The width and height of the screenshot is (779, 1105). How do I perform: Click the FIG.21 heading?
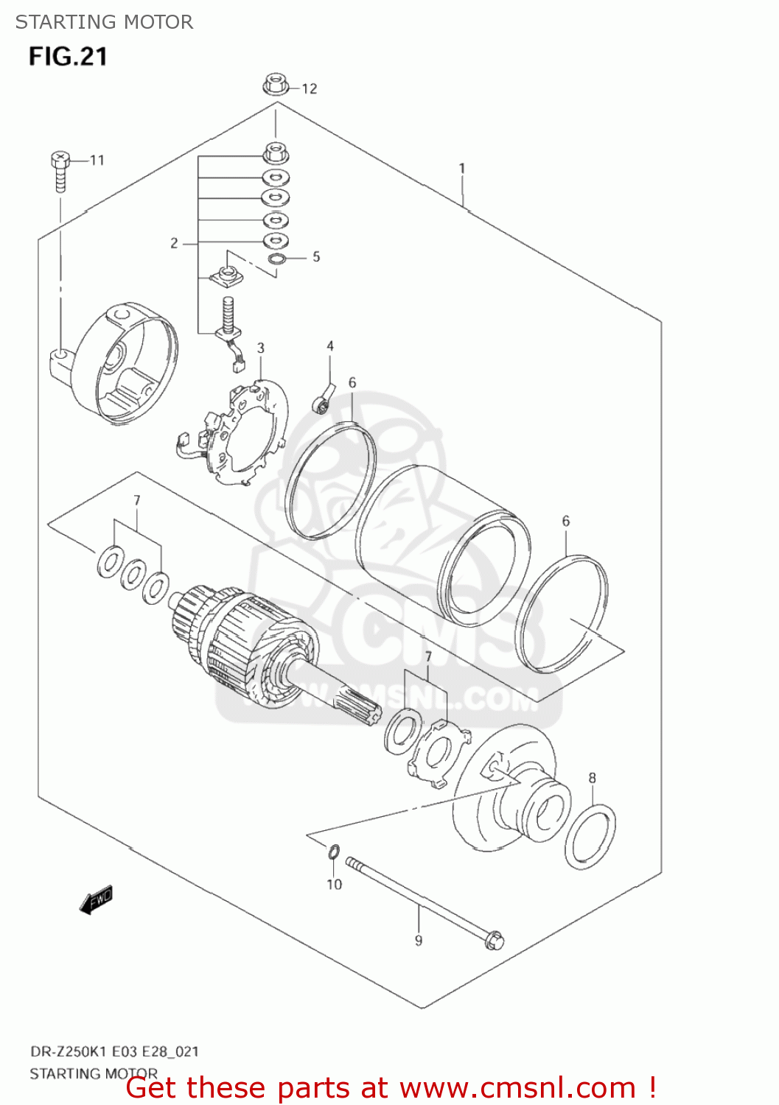[x=68, y=57]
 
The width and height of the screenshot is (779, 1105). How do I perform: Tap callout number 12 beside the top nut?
[x=310, y=89]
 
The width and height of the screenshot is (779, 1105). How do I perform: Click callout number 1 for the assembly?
[x=462, y=169]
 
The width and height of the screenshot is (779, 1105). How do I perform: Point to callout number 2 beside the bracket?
[x=174, y=243]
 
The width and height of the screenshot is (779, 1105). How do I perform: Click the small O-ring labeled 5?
[x=277, y=259]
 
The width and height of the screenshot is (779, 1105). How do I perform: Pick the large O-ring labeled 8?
[x=590, y=837]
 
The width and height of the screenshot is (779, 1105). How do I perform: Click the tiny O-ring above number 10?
[x=333, y=853]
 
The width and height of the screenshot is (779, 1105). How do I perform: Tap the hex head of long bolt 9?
[x=495, y=940]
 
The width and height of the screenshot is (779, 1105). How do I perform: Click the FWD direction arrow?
[x=96, y=899]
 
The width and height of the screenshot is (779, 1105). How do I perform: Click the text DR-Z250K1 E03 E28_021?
[x=114, y=1051]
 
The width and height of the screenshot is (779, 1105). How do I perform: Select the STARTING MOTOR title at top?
[x=104, y=22]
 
